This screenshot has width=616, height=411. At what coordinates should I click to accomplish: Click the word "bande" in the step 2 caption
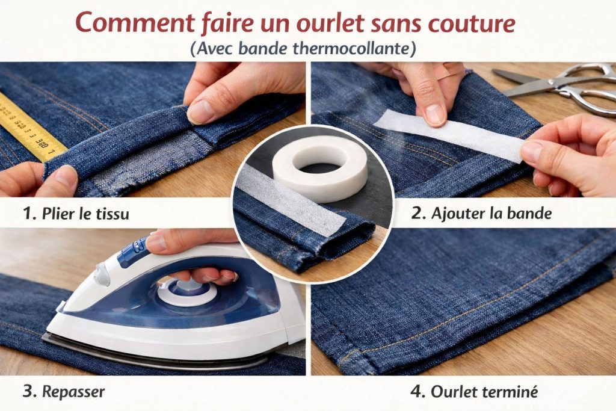coord(529,213)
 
